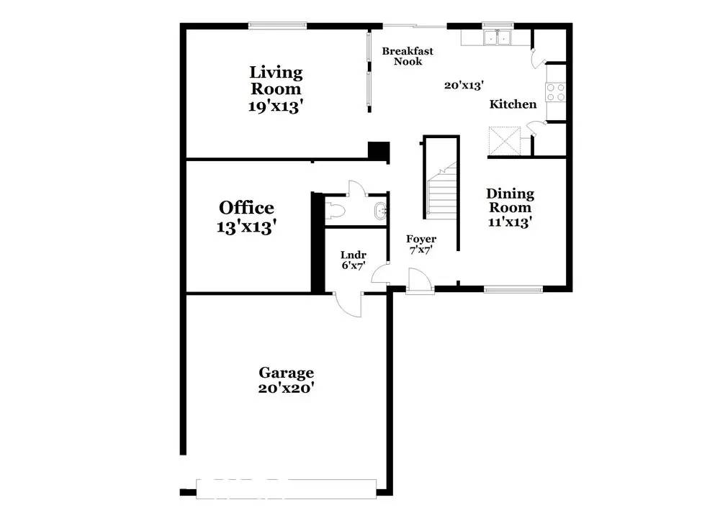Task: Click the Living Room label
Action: [x=276, y=81]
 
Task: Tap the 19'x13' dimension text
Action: [x=276, y=106]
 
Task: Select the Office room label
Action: [x=246, y=208]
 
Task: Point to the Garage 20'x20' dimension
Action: [x=286, y=388]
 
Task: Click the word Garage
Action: [x=286, y=373]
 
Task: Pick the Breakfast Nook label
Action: [x=408, y=56]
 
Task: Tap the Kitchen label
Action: [x=513, y=104]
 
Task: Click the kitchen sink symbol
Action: [x=498, y=37]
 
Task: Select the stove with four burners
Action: [x=556, y=92]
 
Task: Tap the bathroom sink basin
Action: [x=380, y=211]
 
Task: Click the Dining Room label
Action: [x=510, y=201]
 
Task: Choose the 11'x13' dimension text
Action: [x=510, y=222]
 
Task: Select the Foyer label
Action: [x=421, y=239]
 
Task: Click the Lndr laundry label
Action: [x=354, y=255]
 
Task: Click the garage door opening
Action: [x=286, y=489]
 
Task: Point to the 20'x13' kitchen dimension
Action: [x=464, y=85]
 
